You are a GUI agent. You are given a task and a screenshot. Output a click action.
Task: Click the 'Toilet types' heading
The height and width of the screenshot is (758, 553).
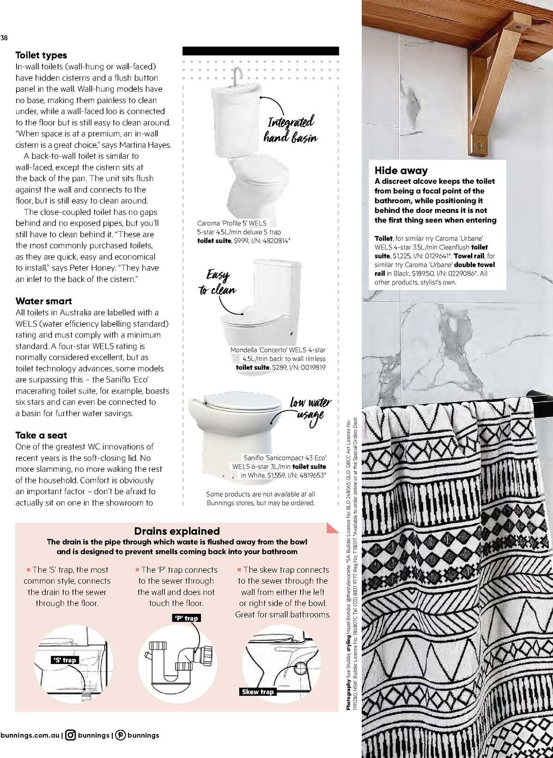[41, 55]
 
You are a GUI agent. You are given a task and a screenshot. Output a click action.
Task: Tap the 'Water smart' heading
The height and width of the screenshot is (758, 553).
[43, 301]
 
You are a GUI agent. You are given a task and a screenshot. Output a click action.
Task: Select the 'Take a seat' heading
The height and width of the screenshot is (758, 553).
[41, 435]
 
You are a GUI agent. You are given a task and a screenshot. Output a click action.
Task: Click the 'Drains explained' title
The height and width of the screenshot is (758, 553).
[176, 531]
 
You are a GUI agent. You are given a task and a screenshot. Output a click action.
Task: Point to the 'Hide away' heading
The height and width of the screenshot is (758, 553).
[401, 170]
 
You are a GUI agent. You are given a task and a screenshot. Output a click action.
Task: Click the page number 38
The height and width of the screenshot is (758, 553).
[4, 38]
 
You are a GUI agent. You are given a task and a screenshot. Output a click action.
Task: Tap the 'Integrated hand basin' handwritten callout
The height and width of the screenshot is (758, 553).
[290, 130]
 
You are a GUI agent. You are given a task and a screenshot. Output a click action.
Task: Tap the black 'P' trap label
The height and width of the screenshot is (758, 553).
[187, 618]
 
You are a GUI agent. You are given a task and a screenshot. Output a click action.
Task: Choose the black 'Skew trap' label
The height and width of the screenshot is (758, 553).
[258, 692]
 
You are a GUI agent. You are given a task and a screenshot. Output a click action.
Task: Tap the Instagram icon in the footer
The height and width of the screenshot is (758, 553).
[71, 735]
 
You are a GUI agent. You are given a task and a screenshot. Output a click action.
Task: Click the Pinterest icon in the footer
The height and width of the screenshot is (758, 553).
[120, 735]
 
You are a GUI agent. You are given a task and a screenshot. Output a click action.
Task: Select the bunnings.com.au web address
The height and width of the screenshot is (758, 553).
[30, 735]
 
